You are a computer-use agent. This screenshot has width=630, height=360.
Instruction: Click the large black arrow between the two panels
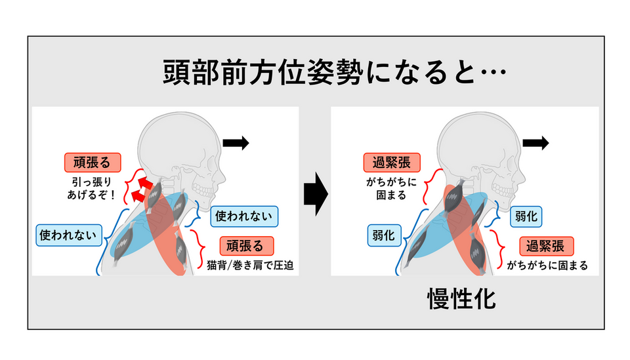[x=316, y=193]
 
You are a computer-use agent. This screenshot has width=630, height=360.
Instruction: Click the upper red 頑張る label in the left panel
[x=93, y=161]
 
